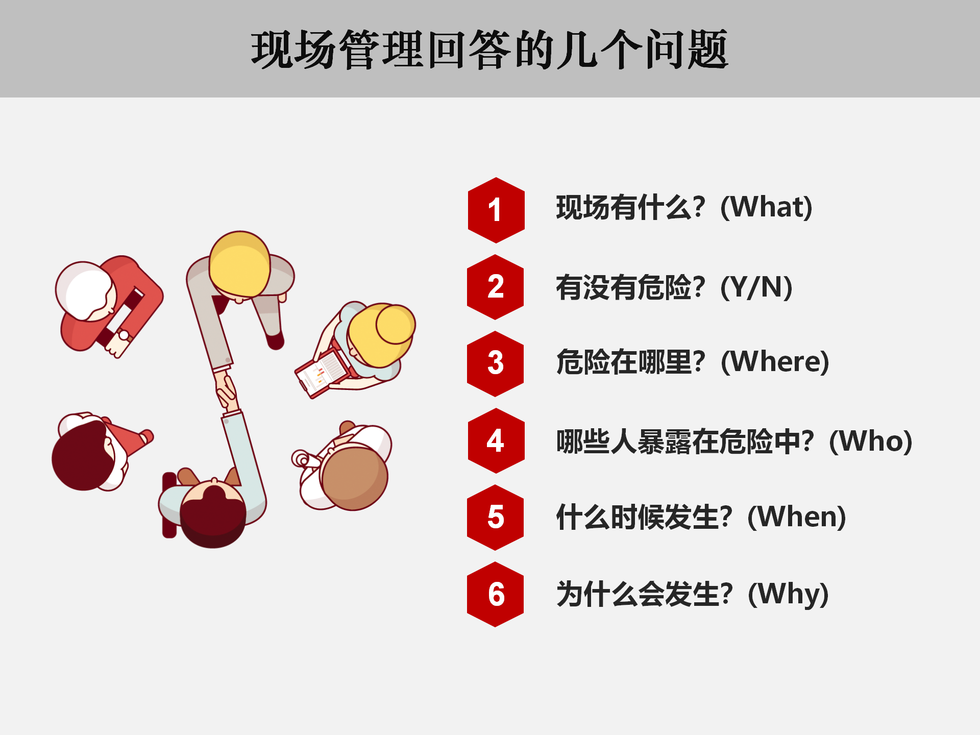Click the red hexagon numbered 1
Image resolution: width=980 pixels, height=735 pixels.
click(496, 210)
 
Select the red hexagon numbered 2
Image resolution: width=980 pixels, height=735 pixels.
click(496, 287)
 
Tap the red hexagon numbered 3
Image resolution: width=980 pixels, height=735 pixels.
click(496, 363)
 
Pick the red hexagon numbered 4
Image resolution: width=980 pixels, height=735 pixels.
click(496, 440)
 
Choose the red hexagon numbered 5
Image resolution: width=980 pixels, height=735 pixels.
click(496, 517)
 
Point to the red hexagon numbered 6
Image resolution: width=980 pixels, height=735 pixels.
click(496, 594)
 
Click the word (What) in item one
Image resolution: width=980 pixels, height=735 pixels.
click(766, 207)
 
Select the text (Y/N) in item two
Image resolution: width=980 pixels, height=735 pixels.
click(756, 287)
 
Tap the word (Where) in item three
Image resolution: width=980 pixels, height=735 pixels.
click(775, 361)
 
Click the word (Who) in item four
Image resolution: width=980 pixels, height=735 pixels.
click(870, 441)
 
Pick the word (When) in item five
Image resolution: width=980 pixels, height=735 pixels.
click(797, 517)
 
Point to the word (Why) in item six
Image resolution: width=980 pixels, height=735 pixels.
click(788, 594)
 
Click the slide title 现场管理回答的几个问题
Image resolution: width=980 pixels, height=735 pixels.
click(489, 50)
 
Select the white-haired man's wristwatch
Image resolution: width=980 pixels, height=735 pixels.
click(124, 335)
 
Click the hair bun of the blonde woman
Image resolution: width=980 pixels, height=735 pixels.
click(396, 324)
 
